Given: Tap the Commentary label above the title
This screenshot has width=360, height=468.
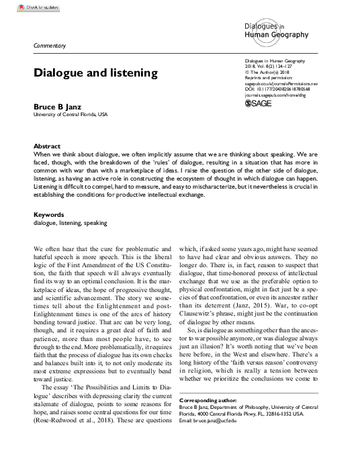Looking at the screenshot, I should coord(50,45).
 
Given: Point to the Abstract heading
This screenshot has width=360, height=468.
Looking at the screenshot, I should coord(47,146).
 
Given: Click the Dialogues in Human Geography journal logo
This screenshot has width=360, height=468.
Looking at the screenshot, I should coord(272,30).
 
